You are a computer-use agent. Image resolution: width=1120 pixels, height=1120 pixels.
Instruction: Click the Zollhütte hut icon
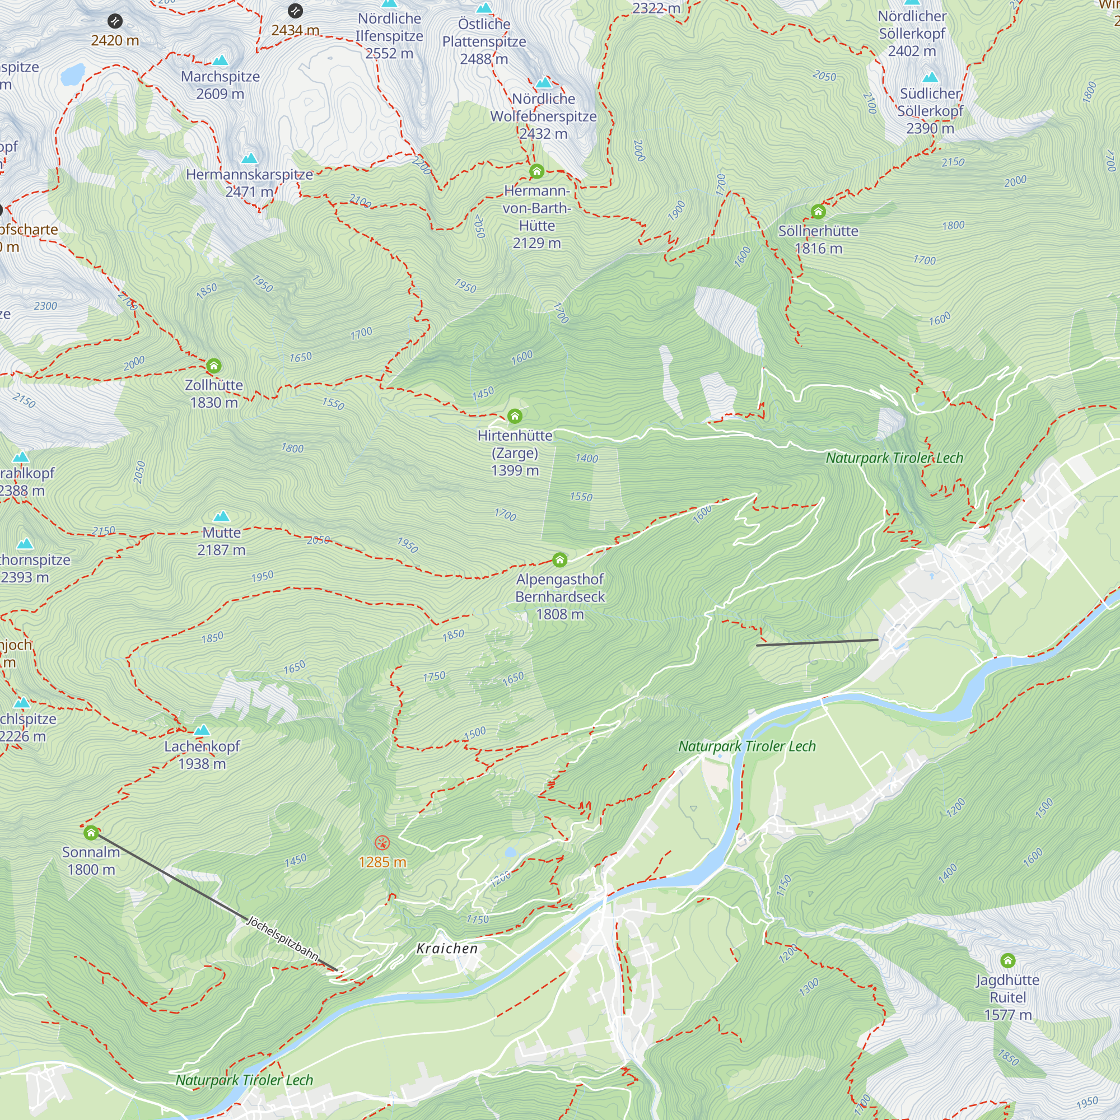point(213,366)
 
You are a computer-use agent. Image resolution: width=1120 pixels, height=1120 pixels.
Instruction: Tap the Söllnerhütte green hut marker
point(818,212)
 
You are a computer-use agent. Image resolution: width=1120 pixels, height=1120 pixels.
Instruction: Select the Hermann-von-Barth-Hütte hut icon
point(537,171)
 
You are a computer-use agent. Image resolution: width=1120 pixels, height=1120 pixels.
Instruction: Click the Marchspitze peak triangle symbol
point(220,60)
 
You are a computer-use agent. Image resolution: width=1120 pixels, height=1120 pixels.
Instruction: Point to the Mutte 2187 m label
point(221,541)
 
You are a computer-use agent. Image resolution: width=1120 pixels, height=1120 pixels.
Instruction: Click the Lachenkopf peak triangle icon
point(202,730)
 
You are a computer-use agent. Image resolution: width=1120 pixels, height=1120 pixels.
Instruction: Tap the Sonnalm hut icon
point(91,833)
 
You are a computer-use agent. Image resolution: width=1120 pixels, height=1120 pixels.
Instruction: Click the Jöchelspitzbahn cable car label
point(282,938)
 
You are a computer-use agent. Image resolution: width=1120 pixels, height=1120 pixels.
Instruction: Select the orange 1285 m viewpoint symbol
point(382,843)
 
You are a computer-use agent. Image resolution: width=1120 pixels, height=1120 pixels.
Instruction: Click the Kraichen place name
point(447,949)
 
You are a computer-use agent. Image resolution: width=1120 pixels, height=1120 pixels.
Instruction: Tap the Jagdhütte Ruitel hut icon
point(1007,960)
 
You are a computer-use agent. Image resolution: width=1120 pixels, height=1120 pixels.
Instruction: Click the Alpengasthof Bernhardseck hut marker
point(559,560)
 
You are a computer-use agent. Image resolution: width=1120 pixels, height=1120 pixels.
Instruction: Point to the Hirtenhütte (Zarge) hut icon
point(515,416)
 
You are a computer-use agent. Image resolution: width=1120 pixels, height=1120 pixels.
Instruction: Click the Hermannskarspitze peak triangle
point(249,158)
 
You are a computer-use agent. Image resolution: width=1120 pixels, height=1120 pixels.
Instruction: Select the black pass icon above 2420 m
point(115,21)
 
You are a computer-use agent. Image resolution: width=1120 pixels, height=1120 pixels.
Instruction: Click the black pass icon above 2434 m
point(295,11)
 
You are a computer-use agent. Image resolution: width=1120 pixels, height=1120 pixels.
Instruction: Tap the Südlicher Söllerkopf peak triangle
point(930,77)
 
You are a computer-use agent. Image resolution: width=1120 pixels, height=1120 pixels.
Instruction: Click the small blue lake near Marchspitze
point(73,75)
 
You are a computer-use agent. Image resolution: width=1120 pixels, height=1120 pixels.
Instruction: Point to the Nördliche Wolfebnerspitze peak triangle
point(543,83)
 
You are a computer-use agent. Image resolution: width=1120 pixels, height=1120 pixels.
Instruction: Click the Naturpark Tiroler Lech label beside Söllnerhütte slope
point(894,458)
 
